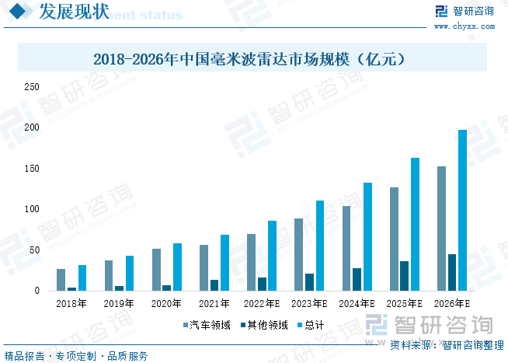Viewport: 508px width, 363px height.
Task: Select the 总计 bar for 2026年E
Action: tap(462, 210)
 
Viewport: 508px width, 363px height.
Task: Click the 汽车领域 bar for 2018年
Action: tap(61, 280)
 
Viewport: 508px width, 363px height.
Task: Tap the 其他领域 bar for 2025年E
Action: tap(404, 276)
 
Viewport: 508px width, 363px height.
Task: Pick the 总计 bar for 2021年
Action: tap(224, 263)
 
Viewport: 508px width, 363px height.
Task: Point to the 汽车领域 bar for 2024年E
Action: tap(346, 248)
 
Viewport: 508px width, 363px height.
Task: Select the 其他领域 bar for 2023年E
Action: tap(309, 282)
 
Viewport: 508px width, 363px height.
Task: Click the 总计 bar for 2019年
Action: tap(130, 273)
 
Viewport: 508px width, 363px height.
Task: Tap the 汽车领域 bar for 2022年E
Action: tap(251, 262)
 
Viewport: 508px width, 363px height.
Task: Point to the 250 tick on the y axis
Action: tap(31, 87)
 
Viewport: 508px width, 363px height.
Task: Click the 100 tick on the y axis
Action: tap(31, 209)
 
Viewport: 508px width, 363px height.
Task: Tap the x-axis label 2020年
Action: tap(166, 304)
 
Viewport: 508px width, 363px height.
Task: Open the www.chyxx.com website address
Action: tap(463, 26)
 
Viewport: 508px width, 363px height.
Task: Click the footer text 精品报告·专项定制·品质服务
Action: tap(76, 356)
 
